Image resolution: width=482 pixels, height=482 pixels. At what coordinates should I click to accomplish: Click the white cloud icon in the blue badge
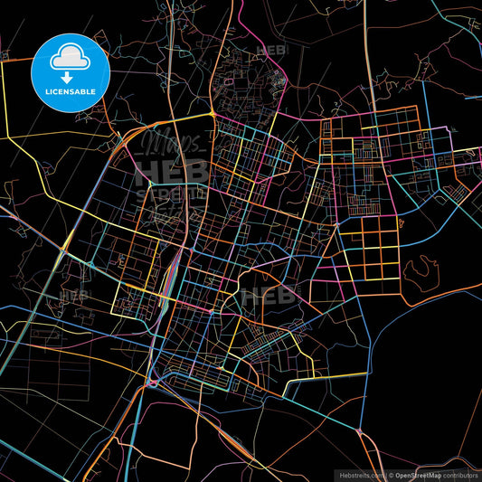point(70,56)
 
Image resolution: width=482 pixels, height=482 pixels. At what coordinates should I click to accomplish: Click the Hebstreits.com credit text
point(361,475)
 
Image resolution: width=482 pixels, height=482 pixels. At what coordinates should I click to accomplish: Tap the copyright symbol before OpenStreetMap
point(391,475)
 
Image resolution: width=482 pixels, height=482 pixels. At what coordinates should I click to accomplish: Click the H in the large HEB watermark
point(147,173)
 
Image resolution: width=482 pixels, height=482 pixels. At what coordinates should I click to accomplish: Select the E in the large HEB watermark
point(171,173)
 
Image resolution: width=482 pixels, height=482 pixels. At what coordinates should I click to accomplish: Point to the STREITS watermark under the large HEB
point(171,193)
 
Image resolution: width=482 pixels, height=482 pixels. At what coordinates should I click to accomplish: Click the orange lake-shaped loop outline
point(421,269)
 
